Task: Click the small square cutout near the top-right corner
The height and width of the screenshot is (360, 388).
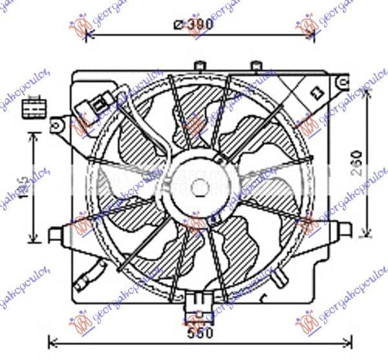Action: (318, 93)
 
